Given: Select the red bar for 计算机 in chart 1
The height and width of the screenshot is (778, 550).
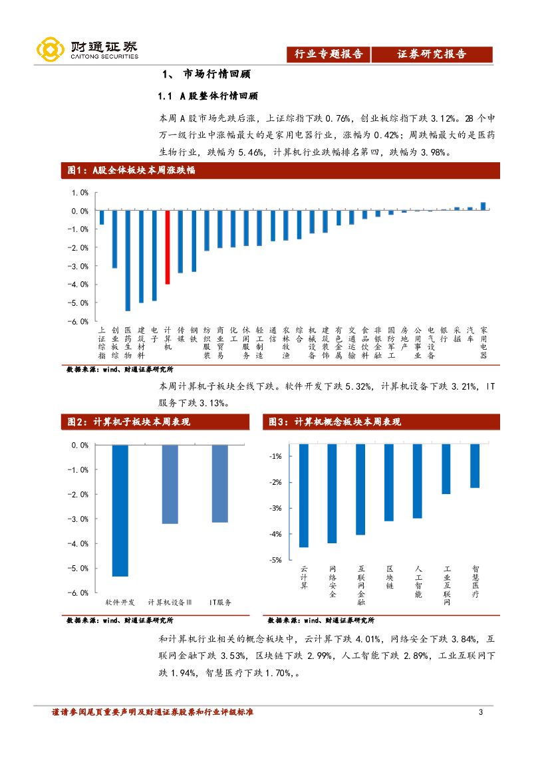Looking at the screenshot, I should [x=167, y=247].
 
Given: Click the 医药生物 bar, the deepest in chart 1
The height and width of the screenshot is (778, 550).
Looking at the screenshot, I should [x=128, y=261].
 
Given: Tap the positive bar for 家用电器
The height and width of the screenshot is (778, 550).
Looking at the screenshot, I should [x=483, y=206].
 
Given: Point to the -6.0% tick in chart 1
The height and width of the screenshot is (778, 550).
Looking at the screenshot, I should [x=79, y=321].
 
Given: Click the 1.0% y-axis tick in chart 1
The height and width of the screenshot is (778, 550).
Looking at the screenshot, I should [x=80, y=193].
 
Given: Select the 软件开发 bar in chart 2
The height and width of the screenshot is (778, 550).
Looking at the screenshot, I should [x=120, y=510].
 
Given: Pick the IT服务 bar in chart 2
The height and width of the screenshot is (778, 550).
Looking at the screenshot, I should [x=220, y=483].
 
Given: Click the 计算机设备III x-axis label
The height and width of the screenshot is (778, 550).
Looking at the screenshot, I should [x=170, y=602].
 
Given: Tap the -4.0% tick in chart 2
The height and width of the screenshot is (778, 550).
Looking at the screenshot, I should [x=79, y=543].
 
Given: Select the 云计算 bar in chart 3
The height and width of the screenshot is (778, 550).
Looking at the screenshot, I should [x=304, y=495].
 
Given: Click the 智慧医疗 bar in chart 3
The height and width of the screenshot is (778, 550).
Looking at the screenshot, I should [x=475, y=465].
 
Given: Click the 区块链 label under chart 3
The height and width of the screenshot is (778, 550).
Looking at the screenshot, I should [x=390, y=578].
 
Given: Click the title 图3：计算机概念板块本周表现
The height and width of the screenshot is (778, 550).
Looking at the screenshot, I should [x=334, y=422].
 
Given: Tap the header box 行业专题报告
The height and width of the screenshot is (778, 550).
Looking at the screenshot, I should [x=329, y=55].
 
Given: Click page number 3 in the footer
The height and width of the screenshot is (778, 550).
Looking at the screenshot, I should [x=480, y=713].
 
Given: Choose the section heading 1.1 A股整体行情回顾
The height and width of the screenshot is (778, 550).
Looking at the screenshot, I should [x=207, y=96].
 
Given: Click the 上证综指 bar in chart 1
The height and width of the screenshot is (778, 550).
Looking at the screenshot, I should [x=102, y=217].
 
